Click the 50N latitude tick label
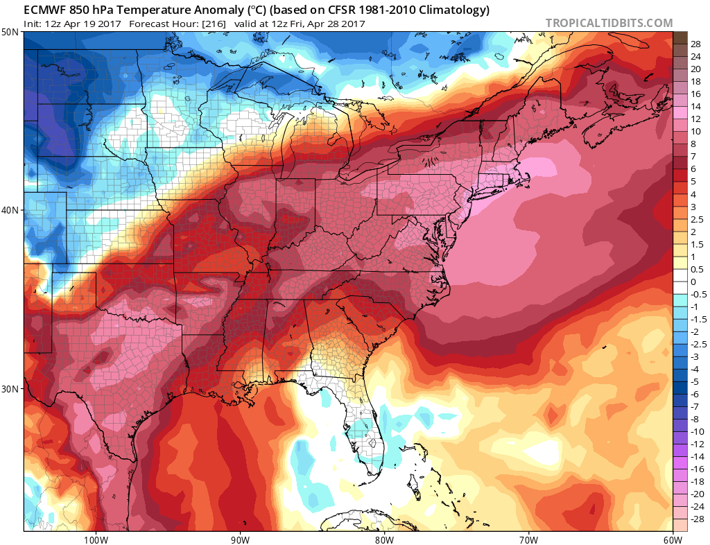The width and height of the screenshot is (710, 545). click(11, 32)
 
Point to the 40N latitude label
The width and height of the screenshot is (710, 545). click(11, 210)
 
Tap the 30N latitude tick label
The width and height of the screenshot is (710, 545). click(11, 388)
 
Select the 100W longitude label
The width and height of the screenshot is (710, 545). click(94, 539)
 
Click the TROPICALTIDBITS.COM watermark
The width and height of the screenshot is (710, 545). click(609, 23)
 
